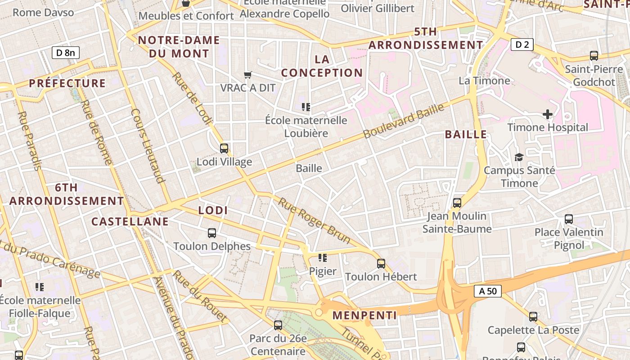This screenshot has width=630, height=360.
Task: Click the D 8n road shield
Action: coord(66,53)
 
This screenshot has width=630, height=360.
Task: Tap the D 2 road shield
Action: coord(522,45)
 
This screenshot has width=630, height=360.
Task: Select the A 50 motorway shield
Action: coord(488,291)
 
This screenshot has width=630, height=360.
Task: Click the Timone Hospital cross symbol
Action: coord(547,114)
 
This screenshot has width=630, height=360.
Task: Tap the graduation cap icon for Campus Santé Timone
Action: coord(519,157)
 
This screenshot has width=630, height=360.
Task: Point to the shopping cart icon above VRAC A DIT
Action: coord(247,75)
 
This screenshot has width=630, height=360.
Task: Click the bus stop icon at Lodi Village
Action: coord(224,148)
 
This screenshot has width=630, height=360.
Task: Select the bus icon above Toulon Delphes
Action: coord(212,233)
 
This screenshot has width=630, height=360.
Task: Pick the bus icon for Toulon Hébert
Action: coord(381,263)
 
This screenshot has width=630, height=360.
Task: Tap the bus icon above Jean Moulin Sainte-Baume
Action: coord(457,202)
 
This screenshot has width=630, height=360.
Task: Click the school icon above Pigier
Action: coord(322,258)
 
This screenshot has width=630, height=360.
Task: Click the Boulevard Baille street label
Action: coord(404,121)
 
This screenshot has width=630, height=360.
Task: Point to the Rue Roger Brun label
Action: coord(314,220)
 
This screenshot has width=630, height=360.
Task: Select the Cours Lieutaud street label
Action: coord(147,146)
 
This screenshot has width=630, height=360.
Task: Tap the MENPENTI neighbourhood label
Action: coord(364,315)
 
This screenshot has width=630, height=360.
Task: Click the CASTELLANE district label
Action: coord(130,221)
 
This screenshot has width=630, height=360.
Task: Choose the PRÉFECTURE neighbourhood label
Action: coord(67,83)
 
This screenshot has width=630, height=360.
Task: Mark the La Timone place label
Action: coord(484,81)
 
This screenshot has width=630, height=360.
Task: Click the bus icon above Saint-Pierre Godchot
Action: coord(594,56)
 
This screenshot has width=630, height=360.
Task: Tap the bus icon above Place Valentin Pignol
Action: coord(569,219)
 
